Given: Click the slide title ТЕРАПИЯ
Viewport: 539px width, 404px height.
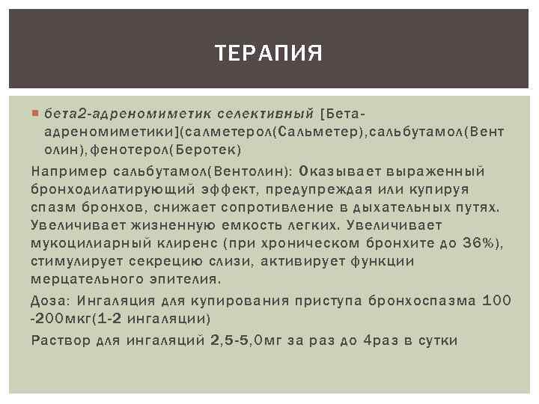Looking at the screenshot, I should click(x=269, y=53).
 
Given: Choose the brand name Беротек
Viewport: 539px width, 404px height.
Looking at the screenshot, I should click(x=207, y=150).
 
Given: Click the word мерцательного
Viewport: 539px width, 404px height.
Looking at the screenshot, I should click(x=84, y=279).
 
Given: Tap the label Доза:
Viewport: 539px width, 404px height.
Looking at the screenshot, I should click(x=50, y=301).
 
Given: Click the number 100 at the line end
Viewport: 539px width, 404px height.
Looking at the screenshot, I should click(x=497, y=301).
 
